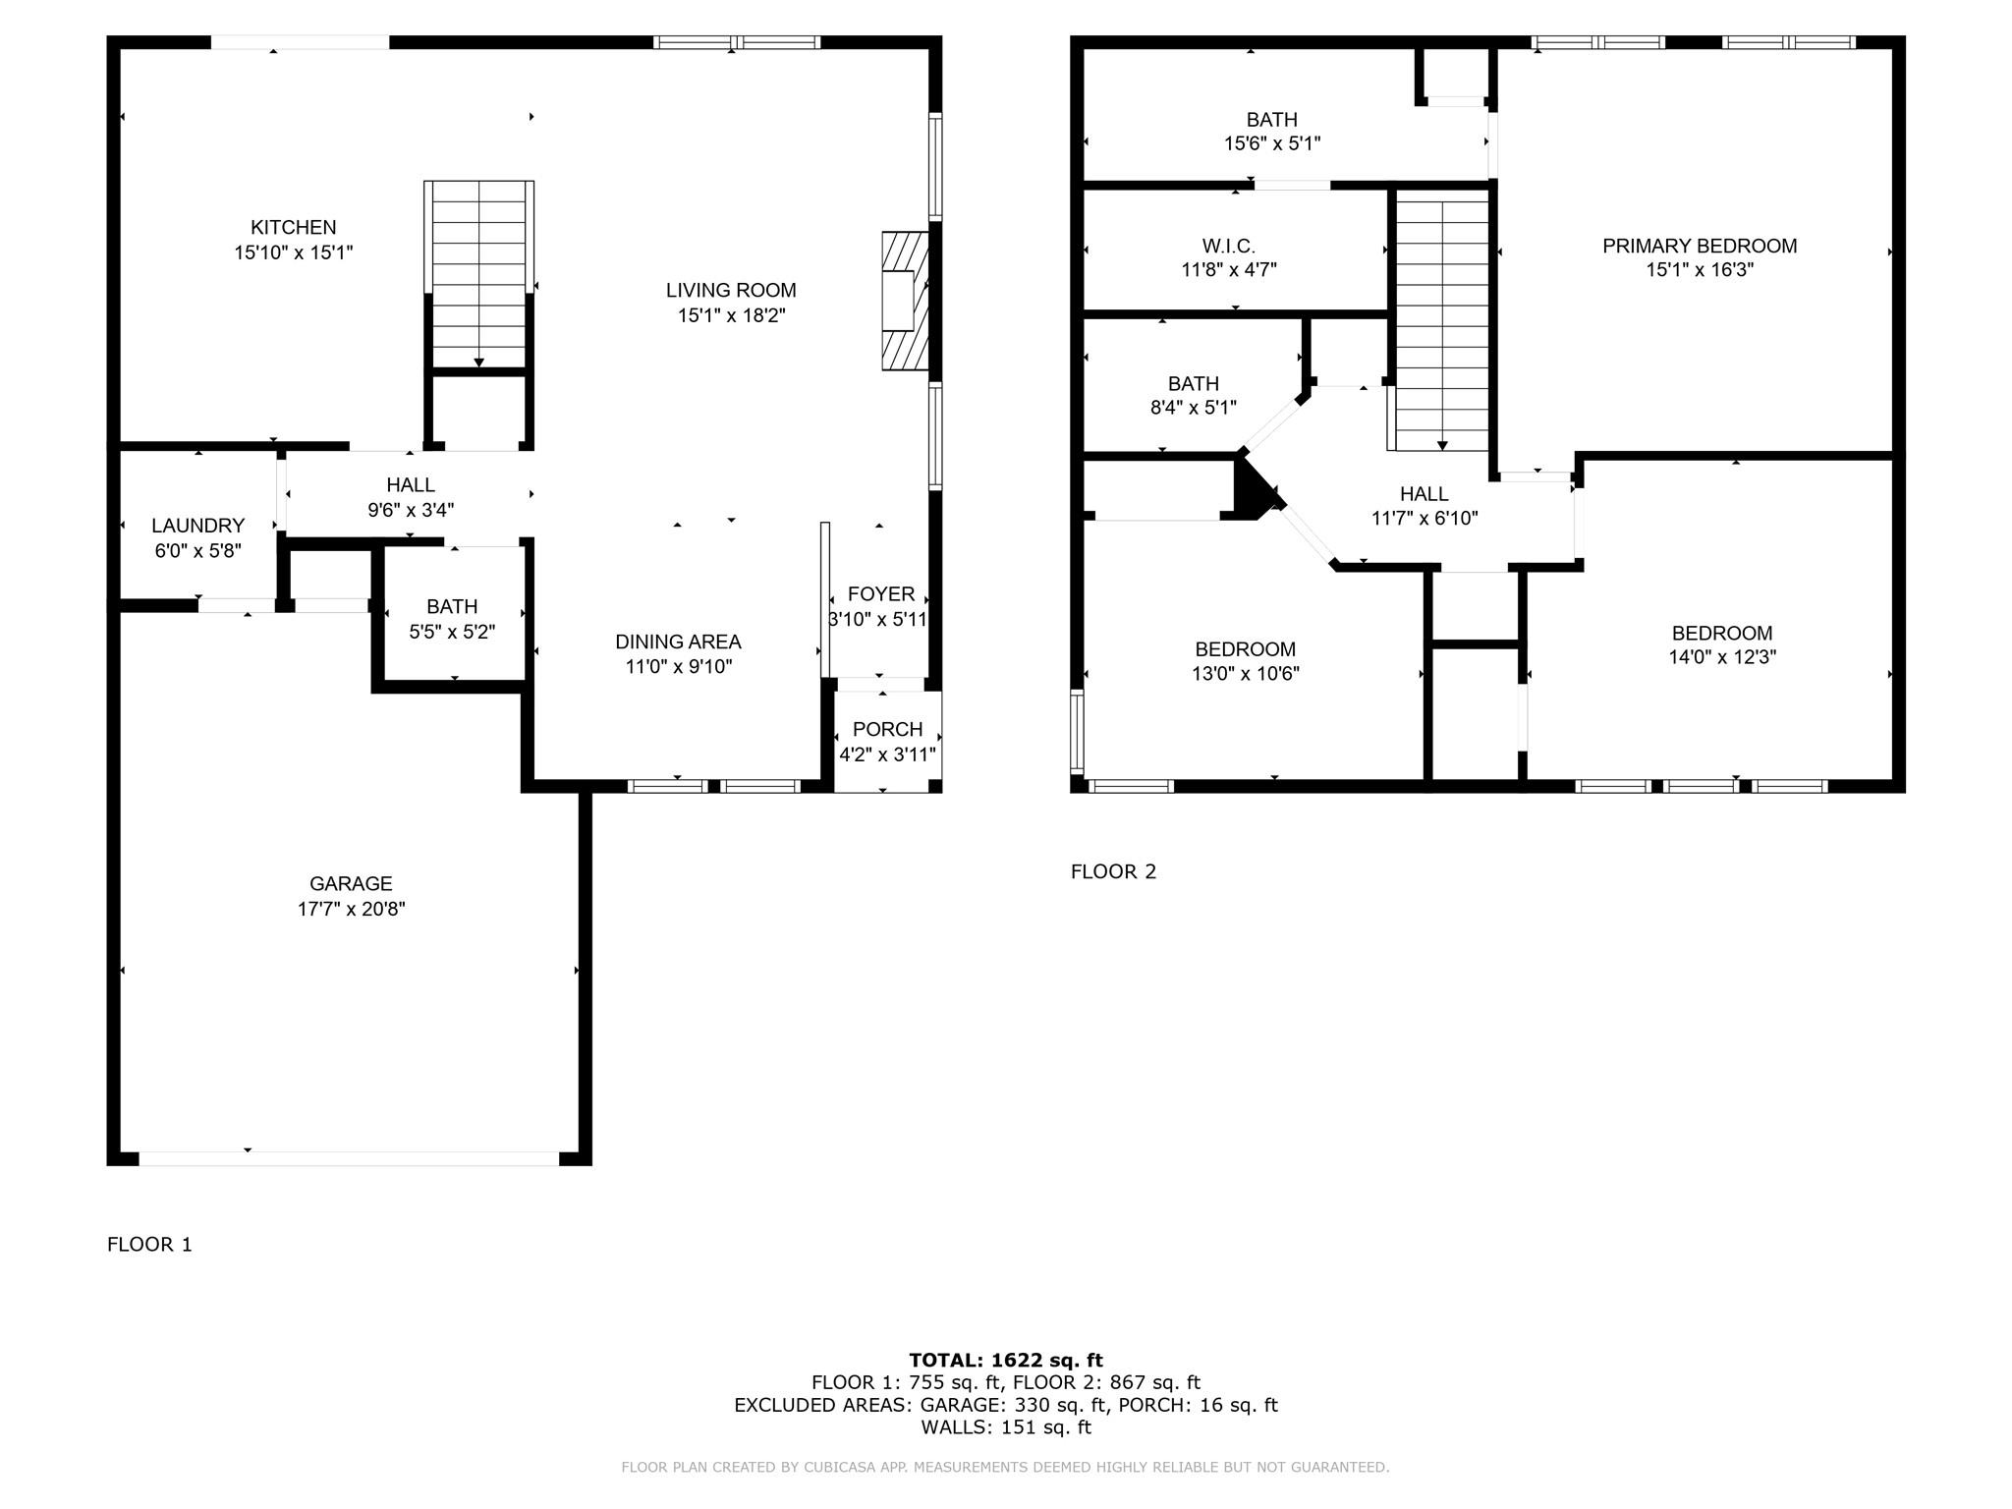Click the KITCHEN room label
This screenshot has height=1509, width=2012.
point(293,227)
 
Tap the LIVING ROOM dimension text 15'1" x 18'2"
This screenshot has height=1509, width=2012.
point(731,315)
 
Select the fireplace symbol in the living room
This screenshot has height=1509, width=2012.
point(904,301)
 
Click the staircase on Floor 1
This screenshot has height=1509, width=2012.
point(478,275)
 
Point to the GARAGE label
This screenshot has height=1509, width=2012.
point(351,883)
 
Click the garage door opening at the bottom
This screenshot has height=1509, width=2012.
point(349,1158)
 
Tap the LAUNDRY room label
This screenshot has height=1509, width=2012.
point(197,526)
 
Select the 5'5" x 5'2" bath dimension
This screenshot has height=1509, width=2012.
point(452,632)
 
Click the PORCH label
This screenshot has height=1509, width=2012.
point(887,729)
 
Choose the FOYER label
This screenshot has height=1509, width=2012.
point(881,593)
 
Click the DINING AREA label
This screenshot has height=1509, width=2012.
point(678,642)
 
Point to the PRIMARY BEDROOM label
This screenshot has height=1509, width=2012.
point(1700,246)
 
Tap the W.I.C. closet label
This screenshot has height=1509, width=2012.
point(1228,246)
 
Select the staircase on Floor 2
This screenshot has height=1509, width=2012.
point(1442,319)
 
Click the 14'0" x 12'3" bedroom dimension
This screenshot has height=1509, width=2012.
point(1722,657)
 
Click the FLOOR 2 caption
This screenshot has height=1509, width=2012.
point(1113,871)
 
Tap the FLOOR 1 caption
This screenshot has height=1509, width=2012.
point(149,1245)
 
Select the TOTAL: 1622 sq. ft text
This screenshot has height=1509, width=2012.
point(1005,1360)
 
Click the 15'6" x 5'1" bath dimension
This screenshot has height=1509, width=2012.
point(1271,143)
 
